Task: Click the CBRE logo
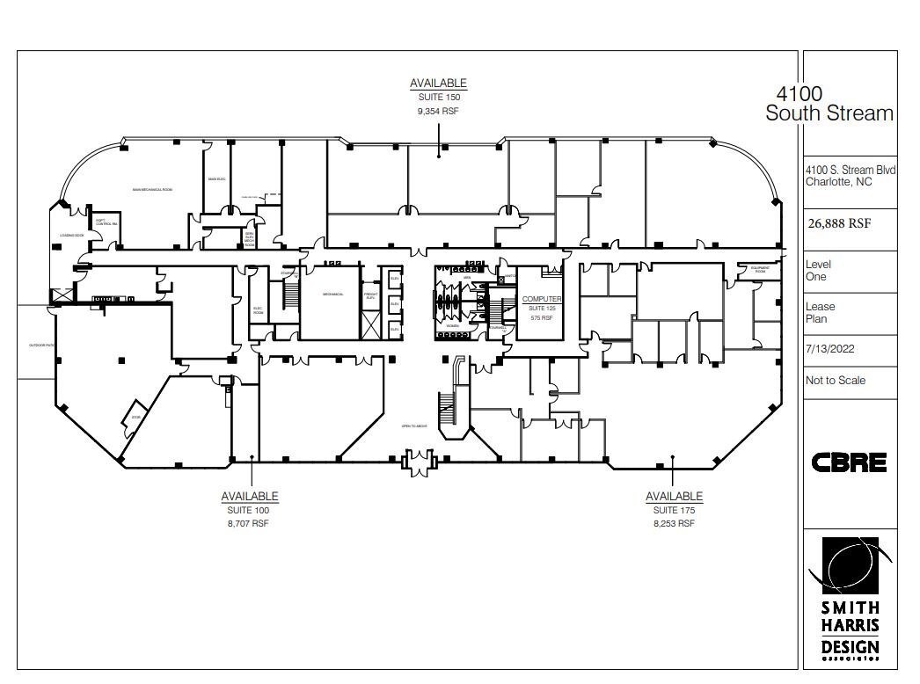click(848, 462)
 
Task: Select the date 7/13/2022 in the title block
click(830, 349)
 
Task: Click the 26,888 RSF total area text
click(839, 223)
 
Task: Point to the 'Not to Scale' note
click(835, 381)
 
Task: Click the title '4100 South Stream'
click(829, 104)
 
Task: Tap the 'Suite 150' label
click(438, 98)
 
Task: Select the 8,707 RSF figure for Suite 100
click(250, 523)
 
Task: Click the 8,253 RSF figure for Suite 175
click(675, 523)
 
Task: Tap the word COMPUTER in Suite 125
click(542, 300)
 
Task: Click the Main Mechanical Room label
click(152, 189)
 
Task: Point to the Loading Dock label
click(71, 236)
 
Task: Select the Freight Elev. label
click(371, 296)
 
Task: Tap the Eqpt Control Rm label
click(106, 223)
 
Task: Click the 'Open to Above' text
click(413, 426)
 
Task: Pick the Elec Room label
click(259, 309)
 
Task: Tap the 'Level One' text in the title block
click(818, 271)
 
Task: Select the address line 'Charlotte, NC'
click(838, 183)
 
